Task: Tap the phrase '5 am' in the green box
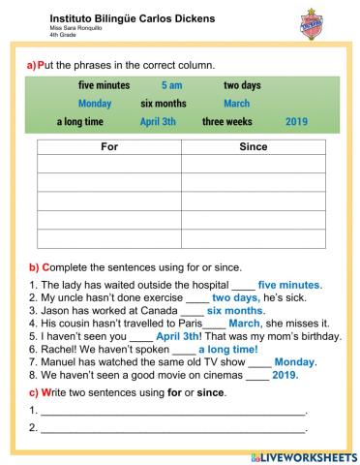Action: (x=171, y=85)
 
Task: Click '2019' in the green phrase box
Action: (x=297, y=122)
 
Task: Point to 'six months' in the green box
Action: (x=163, y=104)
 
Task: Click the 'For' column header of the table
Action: (x=108, y=147)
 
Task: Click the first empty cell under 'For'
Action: (x=108, y=165)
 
